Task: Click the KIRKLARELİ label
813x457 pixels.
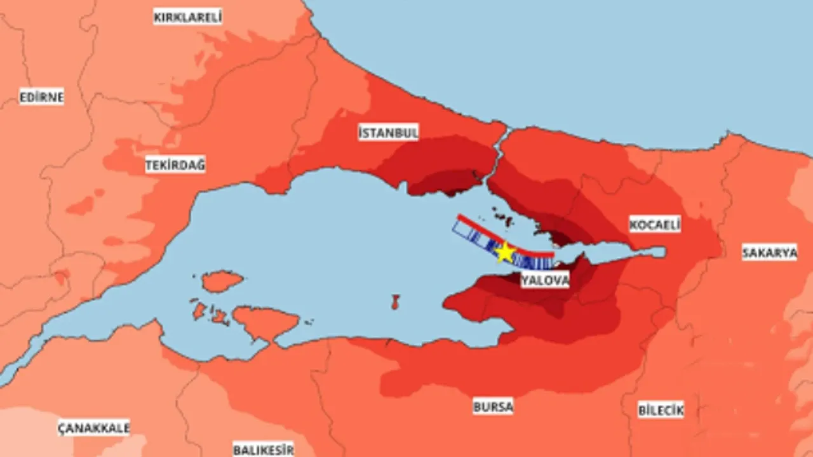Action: (x=187, y=17)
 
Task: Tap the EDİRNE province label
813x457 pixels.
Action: (x=42, y=98)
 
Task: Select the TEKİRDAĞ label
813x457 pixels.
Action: (x=175, y=165)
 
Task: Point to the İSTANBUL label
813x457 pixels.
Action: (x=388, y=133)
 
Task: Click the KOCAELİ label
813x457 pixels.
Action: (x=654, y=224)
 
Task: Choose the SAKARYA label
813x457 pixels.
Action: (x=769, y=253)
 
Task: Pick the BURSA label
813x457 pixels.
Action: (x=493, y=406)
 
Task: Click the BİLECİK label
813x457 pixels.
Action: (x=661, y=410)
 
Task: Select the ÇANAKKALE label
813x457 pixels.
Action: (x=93, y=427)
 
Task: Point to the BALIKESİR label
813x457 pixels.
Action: (x=263, y=449)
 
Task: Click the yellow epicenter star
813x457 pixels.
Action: (x=505, y=253)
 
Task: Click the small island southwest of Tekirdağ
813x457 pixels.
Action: (x=222, y=281)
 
